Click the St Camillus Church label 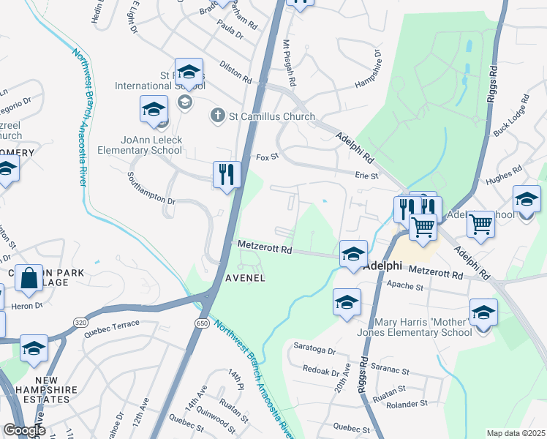click(272, 116)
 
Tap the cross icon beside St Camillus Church click(217, 116)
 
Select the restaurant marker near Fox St click(227, 175)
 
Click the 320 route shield click(80, 322)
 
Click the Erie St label click(366, 176)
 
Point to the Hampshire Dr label click(368, 72)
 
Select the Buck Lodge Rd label click(510, 117)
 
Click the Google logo click(25, 430)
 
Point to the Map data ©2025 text click(516, 433)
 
